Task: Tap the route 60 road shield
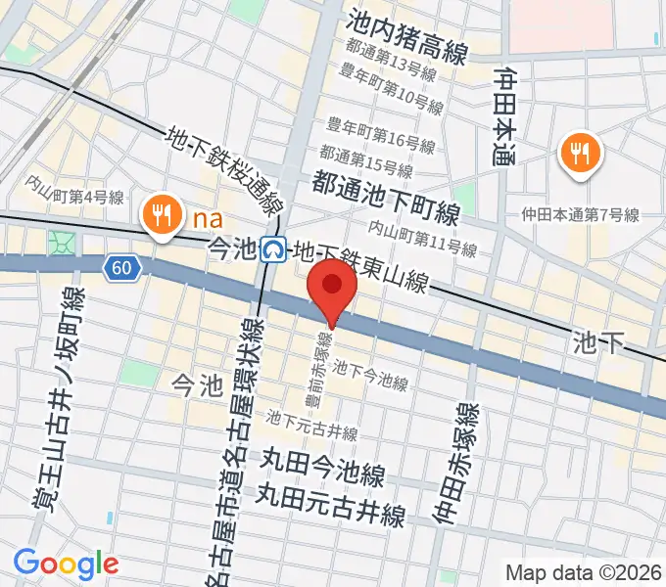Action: click(120, 267)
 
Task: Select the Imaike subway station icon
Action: click(274, 250)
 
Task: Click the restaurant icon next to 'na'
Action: click(160, 213)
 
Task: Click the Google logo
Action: click(66, 563)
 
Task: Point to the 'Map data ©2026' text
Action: click(584, 571)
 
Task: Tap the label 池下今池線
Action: click(369, 376)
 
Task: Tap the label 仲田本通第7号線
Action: click(580, 214)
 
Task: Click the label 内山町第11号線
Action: click(421, 238)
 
